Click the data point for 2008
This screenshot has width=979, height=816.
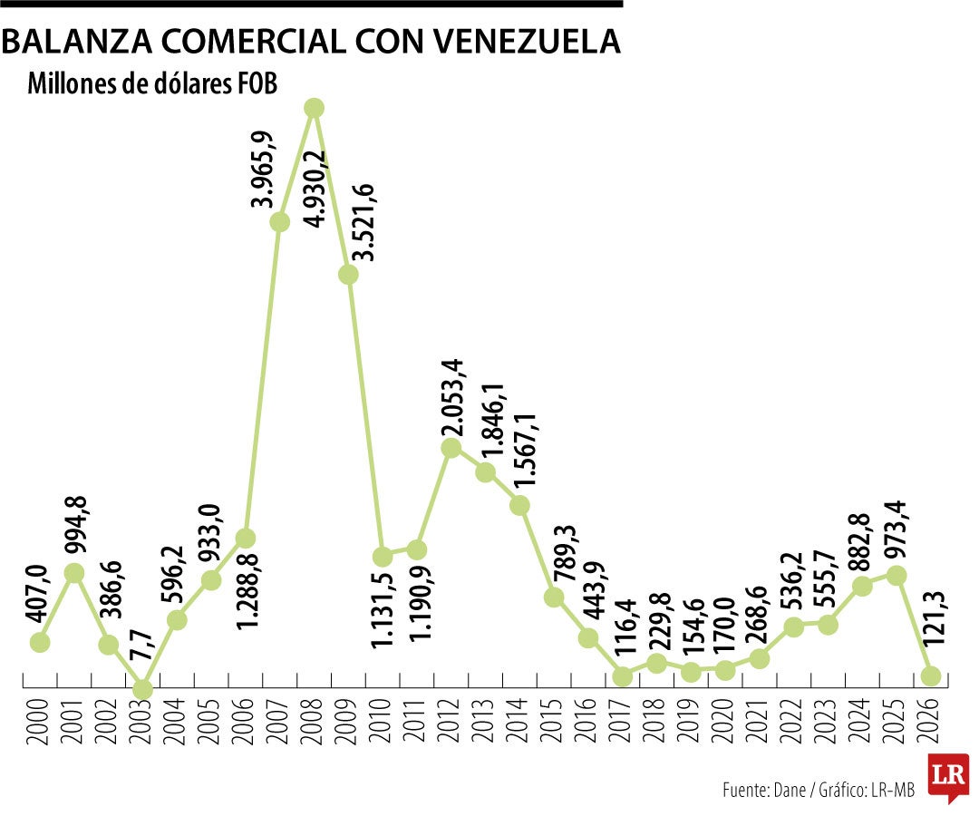coord(315,108)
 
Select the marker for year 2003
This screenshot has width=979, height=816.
coord(142,688)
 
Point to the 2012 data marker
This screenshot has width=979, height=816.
coord(451,447)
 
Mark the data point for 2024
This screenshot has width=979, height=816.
coord(862,586)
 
